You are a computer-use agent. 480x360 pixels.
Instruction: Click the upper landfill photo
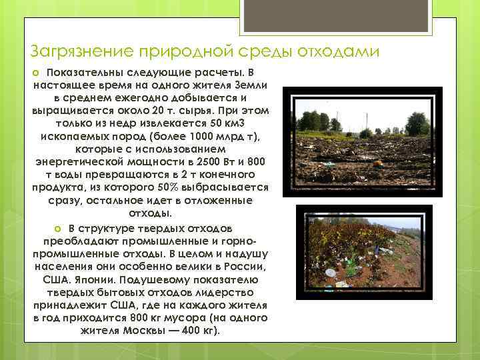[x=361, y=141]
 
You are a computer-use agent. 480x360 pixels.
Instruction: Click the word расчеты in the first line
[x=204, y=72]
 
